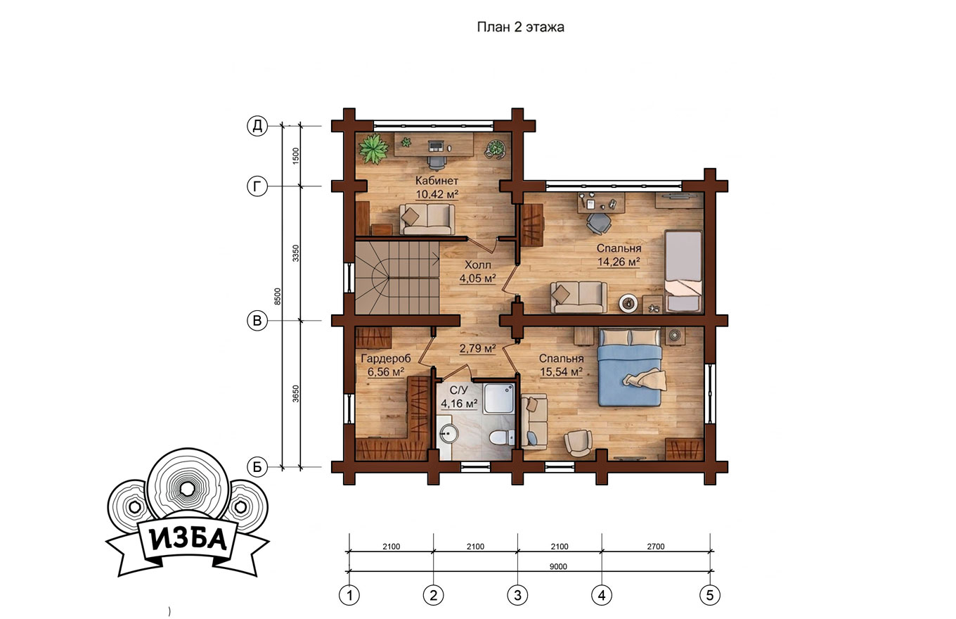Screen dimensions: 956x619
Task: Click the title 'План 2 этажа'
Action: tap(520, 27)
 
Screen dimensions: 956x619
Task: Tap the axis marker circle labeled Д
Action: tap(257, 126)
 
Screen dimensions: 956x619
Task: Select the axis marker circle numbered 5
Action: tap(710, 595)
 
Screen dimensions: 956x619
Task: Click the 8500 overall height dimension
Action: tap(278, 296)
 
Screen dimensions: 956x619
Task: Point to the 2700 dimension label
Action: tap(656, 547)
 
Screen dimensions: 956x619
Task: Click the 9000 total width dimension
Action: tap(558, 566)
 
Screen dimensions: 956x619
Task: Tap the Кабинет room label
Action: tap(437, 180)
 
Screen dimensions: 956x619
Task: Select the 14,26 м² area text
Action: tap(619, 262)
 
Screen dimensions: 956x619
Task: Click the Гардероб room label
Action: tap(386, 358)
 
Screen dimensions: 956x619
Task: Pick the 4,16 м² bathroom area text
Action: tap(459, 403)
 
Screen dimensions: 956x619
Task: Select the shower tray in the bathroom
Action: tap(499, 398)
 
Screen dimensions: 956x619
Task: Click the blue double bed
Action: tap(630, 367)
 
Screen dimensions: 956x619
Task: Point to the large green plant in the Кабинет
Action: tap(374, 149)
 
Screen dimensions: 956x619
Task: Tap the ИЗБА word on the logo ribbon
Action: tap(188, 540)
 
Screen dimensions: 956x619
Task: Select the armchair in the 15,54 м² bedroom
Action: tap(578, 442)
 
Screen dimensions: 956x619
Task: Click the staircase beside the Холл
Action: tap(397, 278)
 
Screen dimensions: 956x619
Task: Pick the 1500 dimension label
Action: tap(296, 156)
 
